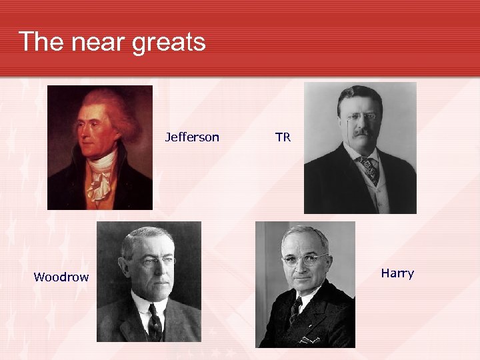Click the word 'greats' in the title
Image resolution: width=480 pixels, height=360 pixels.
point(169,42)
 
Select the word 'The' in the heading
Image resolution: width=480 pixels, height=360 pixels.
point(41,42)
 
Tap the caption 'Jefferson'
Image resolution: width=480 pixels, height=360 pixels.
point(192,137)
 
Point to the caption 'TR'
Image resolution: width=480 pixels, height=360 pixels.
point(283,137)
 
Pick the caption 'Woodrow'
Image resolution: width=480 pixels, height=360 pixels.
point(61,277)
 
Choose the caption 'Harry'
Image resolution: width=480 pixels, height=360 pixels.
point(397,273)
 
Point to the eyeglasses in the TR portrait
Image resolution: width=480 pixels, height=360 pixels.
point(361,117)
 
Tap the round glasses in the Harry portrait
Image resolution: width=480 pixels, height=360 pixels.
point(305,259)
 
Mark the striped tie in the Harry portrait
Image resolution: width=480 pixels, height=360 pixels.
point(295,311)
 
